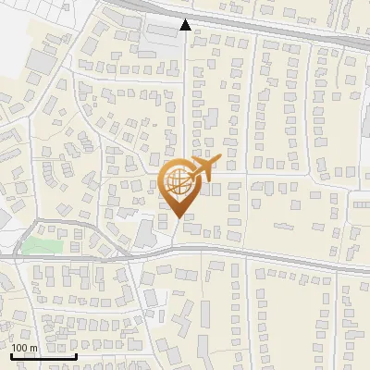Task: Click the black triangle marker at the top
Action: click(185, 25)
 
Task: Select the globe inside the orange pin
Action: click(177, 182)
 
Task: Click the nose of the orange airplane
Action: click(219, 160)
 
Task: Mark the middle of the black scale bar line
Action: click(43, 356)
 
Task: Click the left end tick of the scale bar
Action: click(11, 355)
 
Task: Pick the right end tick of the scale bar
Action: click(76, 355)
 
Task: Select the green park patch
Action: click(38, 246)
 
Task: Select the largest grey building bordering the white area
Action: click(40, 62)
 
